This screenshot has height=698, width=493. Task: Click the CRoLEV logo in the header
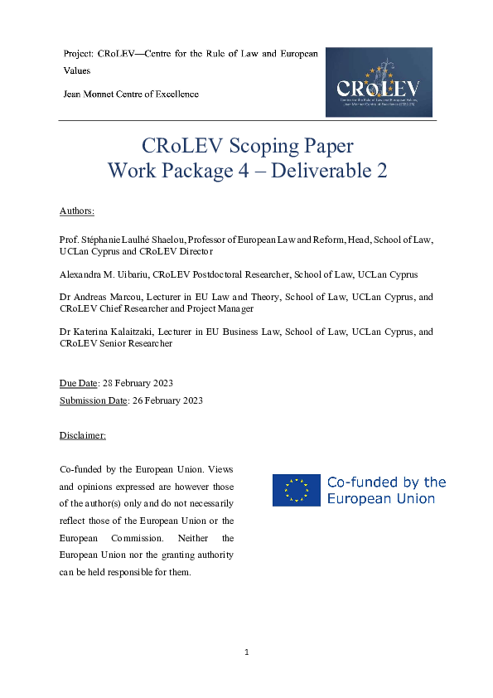379,82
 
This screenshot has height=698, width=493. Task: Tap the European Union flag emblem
296,490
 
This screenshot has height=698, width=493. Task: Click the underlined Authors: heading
77,211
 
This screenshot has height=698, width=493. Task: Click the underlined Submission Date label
94,401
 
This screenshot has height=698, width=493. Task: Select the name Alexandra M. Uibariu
104,274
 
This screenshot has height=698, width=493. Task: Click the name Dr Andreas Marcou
99,297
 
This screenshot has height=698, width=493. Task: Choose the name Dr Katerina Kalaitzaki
109,332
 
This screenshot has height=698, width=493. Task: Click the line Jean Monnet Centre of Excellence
131,94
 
